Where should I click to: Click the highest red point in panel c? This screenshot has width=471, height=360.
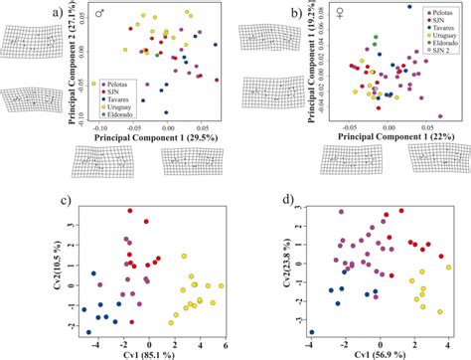(x=145, y=222)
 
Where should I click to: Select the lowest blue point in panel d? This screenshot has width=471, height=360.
(x=312, y=332)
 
